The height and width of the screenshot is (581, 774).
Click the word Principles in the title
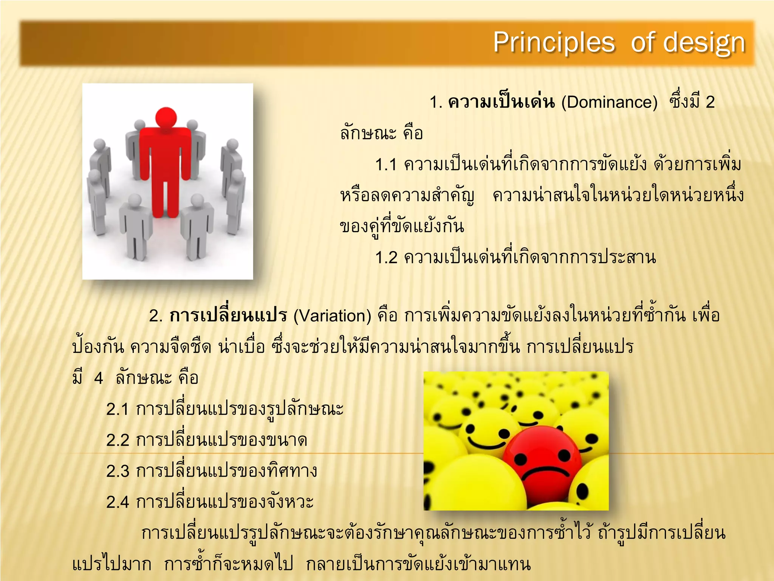click(x=554, y=43)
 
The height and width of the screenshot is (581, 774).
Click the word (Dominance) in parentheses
click(x=609, y=103)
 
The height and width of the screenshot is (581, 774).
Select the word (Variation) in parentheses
click(x=332, y=316)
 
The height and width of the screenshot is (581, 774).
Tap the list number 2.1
click(x=117, y=409)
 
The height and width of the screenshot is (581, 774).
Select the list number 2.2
click(x=117, y=440)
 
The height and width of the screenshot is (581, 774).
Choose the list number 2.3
click(x=117, y=471)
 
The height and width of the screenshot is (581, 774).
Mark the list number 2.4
click(x=117, y=502)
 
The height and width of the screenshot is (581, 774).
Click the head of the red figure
click(x=166, y=118)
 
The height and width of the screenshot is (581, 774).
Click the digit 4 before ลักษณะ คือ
click(x=98, y=378)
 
